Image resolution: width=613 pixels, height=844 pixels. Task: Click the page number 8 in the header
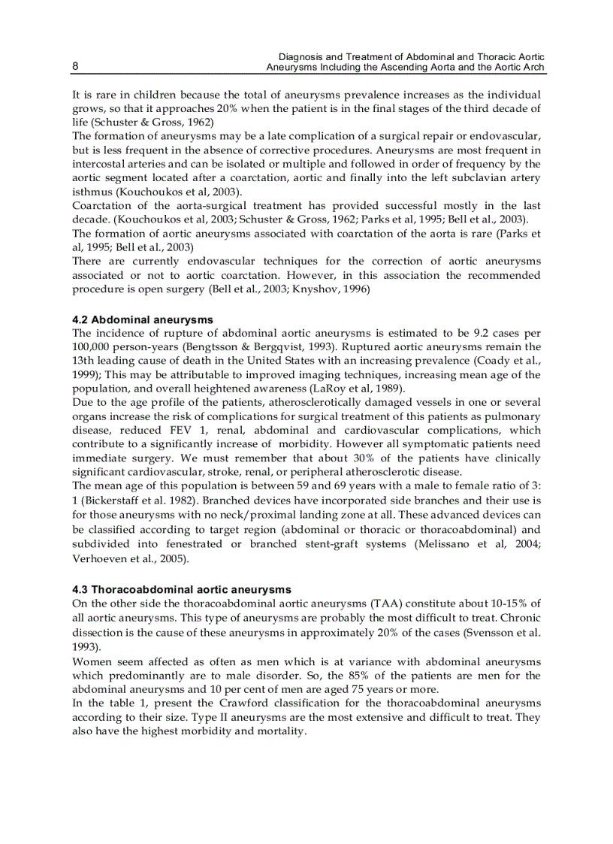pos(75,66)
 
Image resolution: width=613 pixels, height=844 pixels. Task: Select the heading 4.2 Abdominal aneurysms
pos(143,320)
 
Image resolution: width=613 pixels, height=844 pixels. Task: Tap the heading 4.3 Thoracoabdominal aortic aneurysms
pos(181,590)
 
